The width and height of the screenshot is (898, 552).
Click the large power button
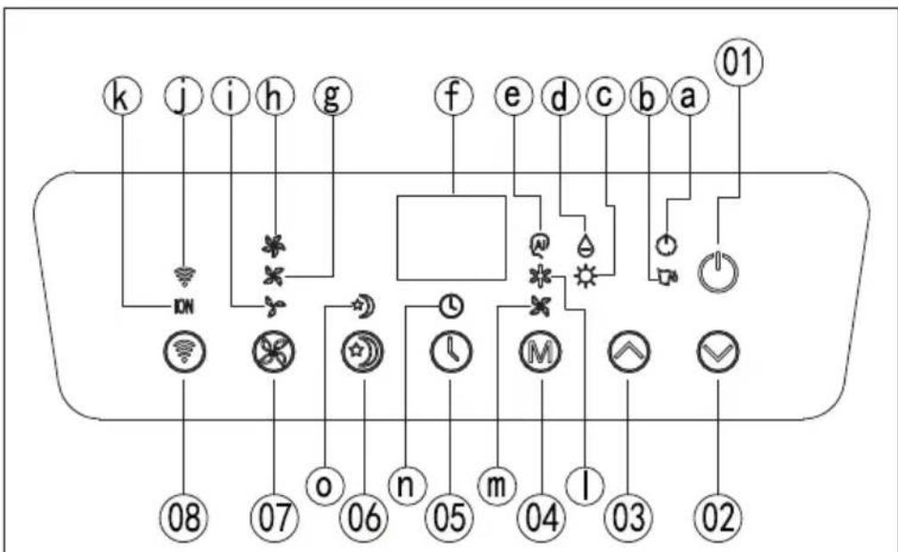[718, 270]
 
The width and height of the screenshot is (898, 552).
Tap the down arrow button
[718, 352]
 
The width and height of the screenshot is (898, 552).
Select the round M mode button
[540, 352]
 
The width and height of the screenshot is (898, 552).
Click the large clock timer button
[450, 352]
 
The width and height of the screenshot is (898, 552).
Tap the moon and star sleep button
[362, 352]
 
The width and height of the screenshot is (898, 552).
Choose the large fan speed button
[274, 352]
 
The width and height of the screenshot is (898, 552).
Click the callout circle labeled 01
[739, 62]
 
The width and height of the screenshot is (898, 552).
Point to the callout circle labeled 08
[184, 517]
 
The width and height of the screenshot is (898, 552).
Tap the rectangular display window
[451, 238]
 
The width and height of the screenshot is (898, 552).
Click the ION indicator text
[183, 306]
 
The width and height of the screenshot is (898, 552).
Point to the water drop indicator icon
[585, 244]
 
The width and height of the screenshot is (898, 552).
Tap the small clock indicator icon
[451, 307]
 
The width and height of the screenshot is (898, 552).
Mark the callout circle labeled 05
[450, 517]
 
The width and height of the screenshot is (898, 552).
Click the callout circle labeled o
[325, 486]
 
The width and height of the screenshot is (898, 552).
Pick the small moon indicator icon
[364, 305]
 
